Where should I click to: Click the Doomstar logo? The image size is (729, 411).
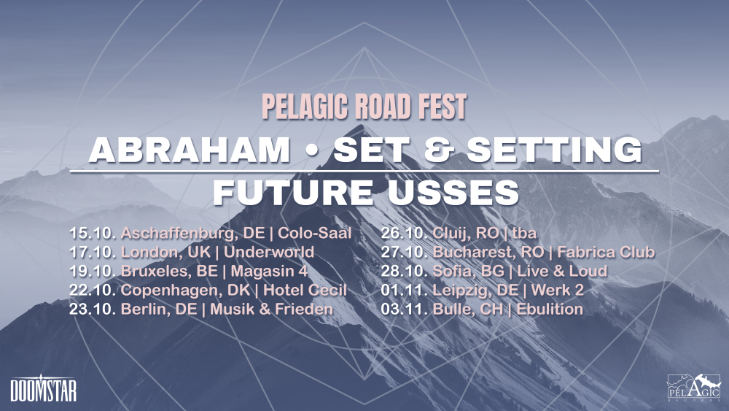(x=43, y=388)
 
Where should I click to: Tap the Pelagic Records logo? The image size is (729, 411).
(x=694, y=387)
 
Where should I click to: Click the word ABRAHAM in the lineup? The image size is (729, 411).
(x=190, y=150)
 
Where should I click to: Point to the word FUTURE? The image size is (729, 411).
(x=293, y=192)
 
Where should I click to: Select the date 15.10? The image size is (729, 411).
(x=92, y=232)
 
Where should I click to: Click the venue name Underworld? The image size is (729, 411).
(x=269, y=252)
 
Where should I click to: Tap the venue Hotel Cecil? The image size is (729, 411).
(x=305, y=290)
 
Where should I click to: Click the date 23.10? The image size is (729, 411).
(x=92, y=309)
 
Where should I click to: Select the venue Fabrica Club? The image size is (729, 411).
(x=606, y=252)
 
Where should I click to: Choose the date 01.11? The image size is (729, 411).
(x=404, y=290)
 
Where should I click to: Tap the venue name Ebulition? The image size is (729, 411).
(x=550, y=309)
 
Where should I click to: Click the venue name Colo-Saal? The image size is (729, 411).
(x=315, y=232)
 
